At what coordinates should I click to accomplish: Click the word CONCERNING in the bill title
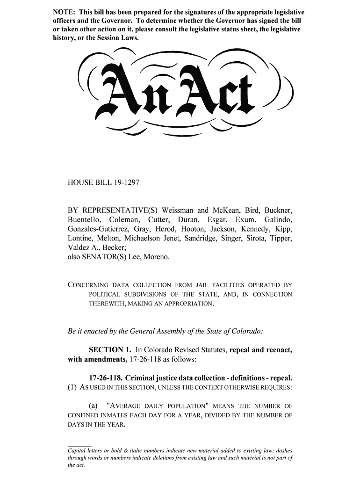click(88, 285)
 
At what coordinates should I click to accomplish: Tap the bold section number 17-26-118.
click(105, 377)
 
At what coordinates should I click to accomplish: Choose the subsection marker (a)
click(94, 406)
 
